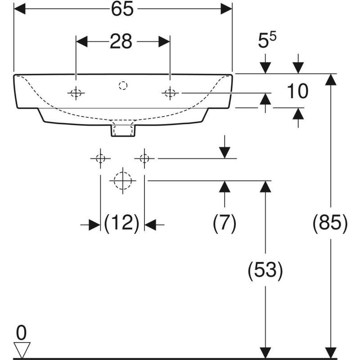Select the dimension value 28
(121, 41)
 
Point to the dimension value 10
(297, 91)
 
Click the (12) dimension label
(121, 223)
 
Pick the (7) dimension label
(224, 223)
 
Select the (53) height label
(265, 270)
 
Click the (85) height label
(331, 223)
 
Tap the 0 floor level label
(21, 333)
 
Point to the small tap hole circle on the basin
(123, 85)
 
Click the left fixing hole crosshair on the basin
(76, 93)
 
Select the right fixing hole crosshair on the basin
(170, 93)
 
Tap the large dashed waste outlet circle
(122, 180)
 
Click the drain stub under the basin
(122, 130)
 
